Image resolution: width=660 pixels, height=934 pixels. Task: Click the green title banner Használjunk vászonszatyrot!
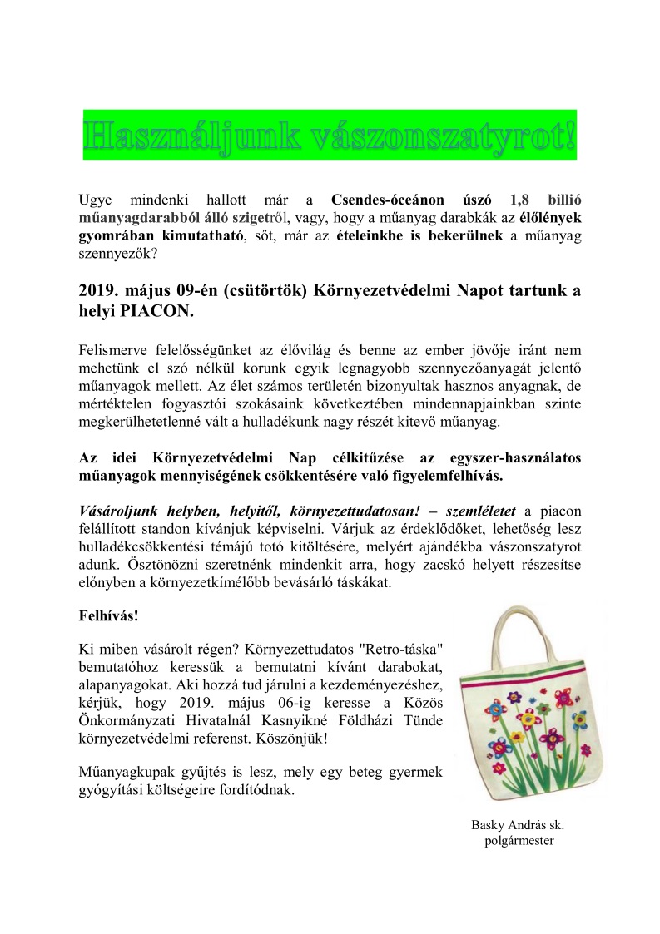330,135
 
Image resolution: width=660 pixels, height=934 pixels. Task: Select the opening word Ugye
94,200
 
